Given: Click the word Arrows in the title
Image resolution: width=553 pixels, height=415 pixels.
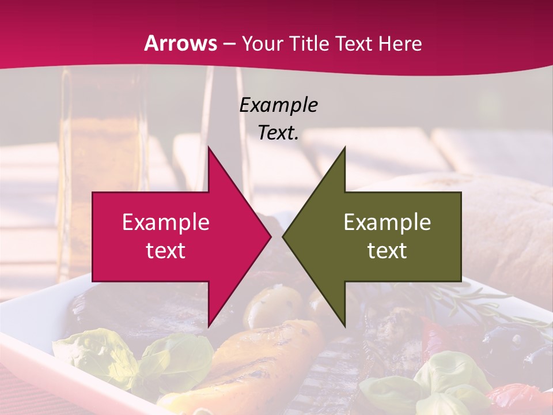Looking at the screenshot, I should (x=181, y=44).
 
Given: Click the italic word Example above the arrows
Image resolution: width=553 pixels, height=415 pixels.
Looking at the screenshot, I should (x=278, y=105).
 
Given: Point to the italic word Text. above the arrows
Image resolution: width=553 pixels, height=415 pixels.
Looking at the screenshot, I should (x=278, y=133).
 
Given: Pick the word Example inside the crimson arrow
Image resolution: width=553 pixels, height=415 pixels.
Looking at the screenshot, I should (x=166, y=222).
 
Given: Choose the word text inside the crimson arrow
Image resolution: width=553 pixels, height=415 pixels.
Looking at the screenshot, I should (x=166, y=251).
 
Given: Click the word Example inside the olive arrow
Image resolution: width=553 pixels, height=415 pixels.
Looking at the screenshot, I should (x=387, y=222).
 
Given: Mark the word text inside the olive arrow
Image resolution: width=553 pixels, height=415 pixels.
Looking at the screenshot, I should (x=387, y=251).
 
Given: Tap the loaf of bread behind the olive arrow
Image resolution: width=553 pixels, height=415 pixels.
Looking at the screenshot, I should (x=501, y=231).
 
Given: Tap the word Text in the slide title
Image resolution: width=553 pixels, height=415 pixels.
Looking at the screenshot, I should (x=353, y=44).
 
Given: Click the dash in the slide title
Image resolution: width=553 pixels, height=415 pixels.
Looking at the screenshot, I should (x=229, y=44).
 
